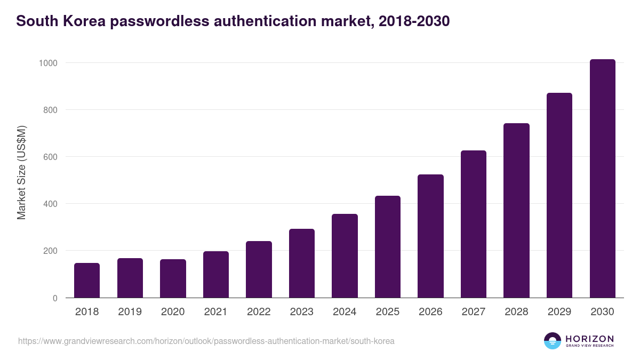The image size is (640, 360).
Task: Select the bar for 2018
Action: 87,280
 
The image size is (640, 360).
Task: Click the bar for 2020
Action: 173,278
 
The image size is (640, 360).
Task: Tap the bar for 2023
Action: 302,263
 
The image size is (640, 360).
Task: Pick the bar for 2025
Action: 388,247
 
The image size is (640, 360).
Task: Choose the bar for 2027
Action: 474,224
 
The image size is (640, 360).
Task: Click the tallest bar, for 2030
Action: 602,179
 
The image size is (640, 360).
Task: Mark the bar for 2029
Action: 559,195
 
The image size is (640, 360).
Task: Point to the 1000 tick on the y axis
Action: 47,63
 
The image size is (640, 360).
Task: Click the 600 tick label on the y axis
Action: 50,157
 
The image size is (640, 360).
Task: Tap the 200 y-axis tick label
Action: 50,251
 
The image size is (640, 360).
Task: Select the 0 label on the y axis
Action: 55,298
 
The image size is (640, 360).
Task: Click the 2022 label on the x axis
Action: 259,312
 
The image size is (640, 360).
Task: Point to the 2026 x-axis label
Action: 430,312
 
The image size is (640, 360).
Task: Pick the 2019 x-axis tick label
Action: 130,312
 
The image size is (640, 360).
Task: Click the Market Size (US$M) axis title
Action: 21,172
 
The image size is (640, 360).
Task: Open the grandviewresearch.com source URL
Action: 206,341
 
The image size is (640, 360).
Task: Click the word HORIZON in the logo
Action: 589,339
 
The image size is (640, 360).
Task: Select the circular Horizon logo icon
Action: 553,341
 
